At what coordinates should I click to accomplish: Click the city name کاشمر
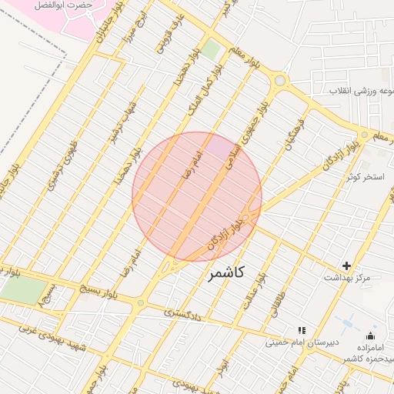point(227,273)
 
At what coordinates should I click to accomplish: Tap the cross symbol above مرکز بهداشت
point(346,265)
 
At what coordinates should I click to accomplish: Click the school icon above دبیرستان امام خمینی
point(302,330)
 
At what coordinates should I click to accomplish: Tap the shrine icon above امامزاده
point(371,336)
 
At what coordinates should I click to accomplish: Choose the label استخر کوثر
point(365,177)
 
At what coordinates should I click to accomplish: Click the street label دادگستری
point(182,312)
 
